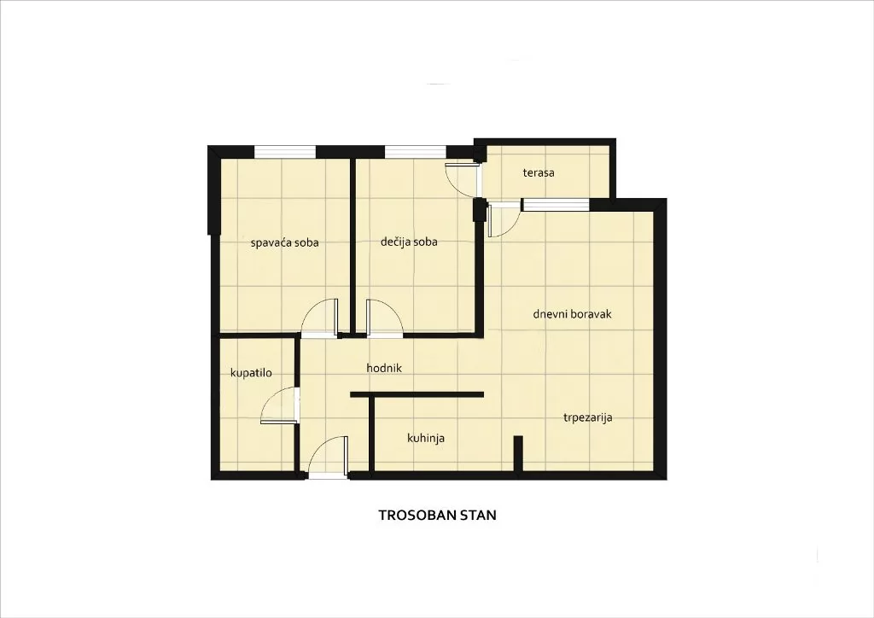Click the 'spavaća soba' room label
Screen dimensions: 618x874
[284, 242]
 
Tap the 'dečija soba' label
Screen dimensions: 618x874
[409, 242]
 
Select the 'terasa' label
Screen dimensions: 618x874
[539, 172]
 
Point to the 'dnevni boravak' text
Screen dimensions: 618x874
[572, 314]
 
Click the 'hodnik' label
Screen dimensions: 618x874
[383, 368]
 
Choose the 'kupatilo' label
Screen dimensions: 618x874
[251, 373]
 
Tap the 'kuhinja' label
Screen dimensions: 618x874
[426, 438]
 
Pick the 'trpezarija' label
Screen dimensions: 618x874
[587, 418]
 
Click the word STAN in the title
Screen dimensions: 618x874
[478, 516]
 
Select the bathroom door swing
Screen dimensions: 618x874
[280, 405]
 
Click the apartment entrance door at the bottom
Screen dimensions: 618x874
[328, 456]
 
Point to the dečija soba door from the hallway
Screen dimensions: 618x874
[383, 318]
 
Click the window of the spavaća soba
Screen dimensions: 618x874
[285, 152]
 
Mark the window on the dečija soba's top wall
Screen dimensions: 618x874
[415, 152]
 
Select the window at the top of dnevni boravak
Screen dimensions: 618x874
[556, 204]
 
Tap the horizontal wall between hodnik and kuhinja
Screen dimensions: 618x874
[417, 394]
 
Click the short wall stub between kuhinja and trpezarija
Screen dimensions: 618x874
[517, 452]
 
